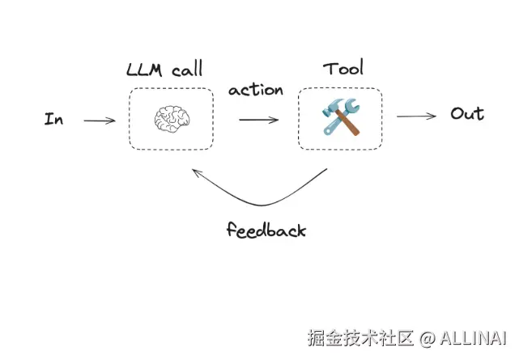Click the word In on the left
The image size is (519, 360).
(x=54, y=120)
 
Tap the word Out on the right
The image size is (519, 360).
(x=467, y=114)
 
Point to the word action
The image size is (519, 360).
(x=256, y=90)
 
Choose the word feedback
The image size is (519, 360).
(x=266, y=231)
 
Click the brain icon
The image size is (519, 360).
(x=171, y=120)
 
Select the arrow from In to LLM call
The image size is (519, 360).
(x=100, y=121)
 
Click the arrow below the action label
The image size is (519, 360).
(x=258, y=120)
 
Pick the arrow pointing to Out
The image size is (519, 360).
(x=416, y=116)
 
